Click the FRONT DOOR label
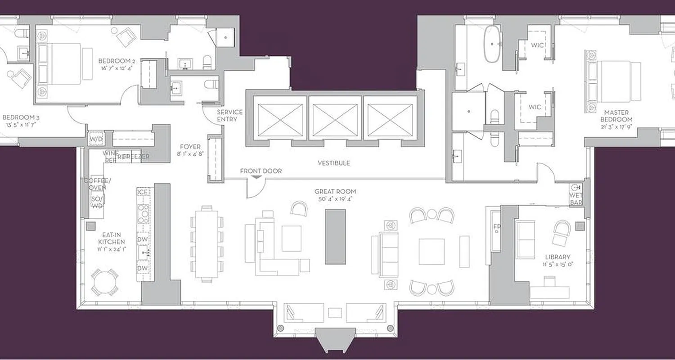(261, 171)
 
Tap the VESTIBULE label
(333, 163)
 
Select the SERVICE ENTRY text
(229, 116)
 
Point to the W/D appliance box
(95, 139)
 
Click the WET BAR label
(576, 199)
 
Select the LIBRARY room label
(558, 257)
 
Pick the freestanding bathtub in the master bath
(492, 44)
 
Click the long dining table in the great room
(207, 243)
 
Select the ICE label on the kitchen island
(143, 192)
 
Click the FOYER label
(190, 147)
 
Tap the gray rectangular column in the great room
(335, 237)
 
